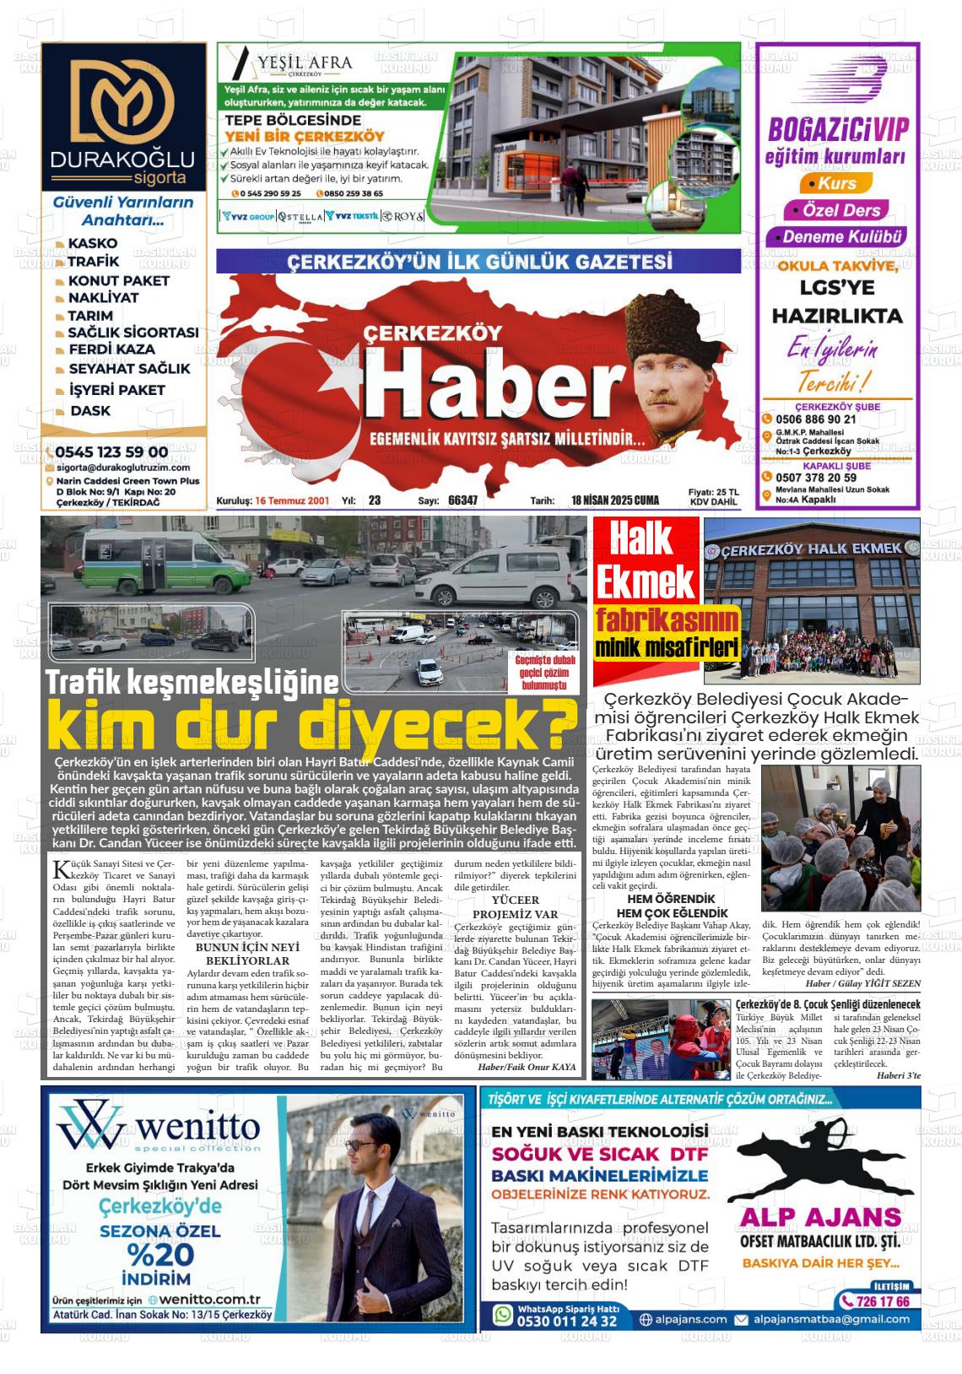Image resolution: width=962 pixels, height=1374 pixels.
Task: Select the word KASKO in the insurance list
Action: pyautogui.click(x=93, y=243)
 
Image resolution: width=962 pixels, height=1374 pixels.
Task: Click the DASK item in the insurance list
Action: pyautogui.click(x=90, y=411)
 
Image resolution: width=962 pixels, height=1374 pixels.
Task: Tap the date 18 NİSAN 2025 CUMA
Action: pyautogui.click(x=615, y=500)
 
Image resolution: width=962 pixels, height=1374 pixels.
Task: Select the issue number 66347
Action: pyautogui.click(x=462, y=500)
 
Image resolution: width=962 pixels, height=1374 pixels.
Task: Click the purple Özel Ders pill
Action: pyautogui.click(x=835, y=210)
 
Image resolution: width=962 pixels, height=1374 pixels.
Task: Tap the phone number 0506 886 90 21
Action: pyautogui.click(x=817, y=419)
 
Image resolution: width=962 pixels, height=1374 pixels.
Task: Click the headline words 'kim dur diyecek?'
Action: pyautogui.click(x=312, y=723)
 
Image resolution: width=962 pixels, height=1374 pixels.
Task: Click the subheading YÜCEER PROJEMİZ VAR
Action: pyautogui.click(x=515, y=908)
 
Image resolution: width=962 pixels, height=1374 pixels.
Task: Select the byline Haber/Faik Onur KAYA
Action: pyautogui.click(x=527, y=1067)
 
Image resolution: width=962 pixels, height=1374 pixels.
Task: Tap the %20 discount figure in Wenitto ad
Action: pyautogui.click(x=160, y=1254)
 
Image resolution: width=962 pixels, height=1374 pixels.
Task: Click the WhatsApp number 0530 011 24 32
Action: pyautogui.click(x=566, y=1321)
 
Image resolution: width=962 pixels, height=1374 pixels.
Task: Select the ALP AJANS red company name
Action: pyautogui.click(x=819, y=1216)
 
